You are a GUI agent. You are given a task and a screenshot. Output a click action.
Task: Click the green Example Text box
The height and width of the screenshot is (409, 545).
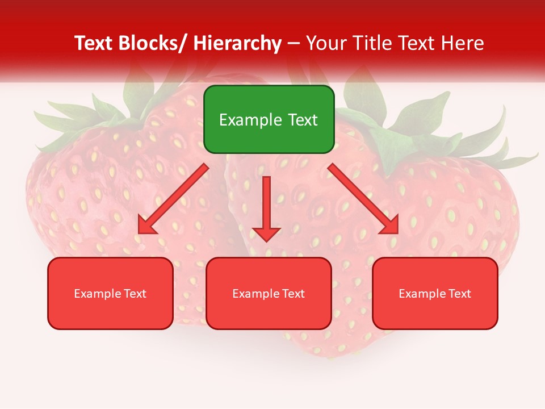pos(269,119)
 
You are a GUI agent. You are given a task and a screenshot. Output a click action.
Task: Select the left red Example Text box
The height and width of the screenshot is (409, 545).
pos(110,293)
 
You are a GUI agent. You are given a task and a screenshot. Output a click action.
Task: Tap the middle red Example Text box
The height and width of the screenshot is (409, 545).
pos(269,293)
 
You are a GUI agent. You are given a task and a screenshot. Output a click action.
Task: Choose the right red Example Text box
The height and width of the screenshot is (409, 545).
pos(435,293)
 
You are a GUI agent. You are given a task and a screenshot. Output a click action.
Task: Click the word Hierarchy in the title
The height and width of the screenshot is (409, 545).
pos(237,44)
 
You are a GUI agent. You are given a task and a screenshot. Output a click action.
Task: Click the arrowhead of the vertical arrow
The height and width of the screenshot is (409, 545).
pos(266,233)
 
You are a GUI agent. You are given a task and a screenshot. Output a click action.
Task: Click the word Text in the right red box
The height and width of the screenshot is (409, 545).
pos(460,294)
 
